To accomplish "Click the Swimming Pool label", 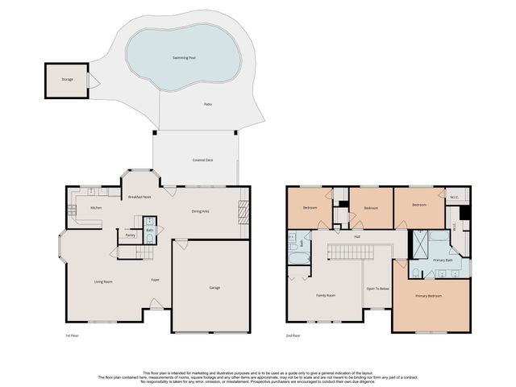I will point(184,58).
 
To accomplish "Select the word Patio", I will point(208,104).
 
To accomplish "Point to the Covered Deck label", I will point(202,160).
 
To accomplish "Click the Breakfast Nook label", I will point(140,197).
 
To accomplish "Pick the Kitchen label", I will point(95,208).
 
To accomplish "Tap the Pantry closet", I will point(130,235).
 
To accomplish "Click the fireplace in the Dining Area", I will point(243,213).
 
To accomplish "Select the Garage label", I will point(214,288).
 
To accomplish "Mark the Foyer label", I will point(154,281).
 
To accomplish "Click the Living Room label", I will point(103,281).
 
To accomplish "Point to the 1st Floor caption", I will point(73,335).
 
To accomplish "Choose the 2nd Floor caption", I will point(293,335).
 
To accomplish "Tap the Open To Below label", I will point(377,288).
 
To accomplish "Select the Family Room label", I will point(325,295).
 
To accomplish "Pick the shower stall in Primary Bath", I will point(419,243).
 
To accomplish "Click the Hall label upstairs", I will point(356,236).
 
